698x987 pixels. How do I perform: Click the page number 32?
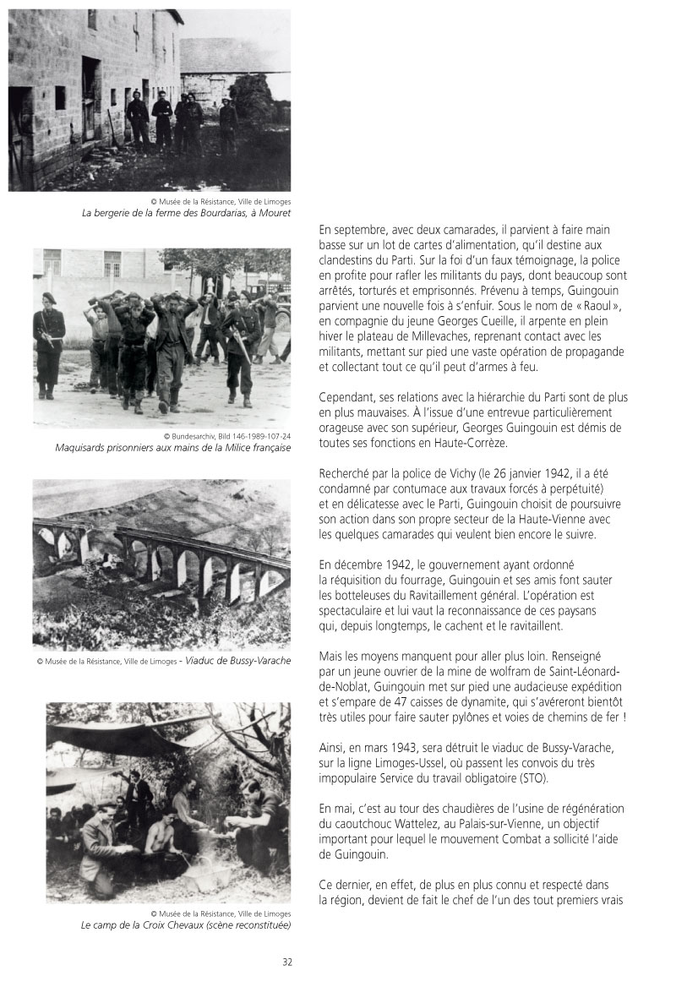[287, 962]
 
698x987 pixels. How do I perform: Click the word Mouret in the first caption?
[274, 214]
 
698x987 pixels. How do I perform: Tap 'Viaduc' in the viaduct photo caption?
[202, 661]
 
